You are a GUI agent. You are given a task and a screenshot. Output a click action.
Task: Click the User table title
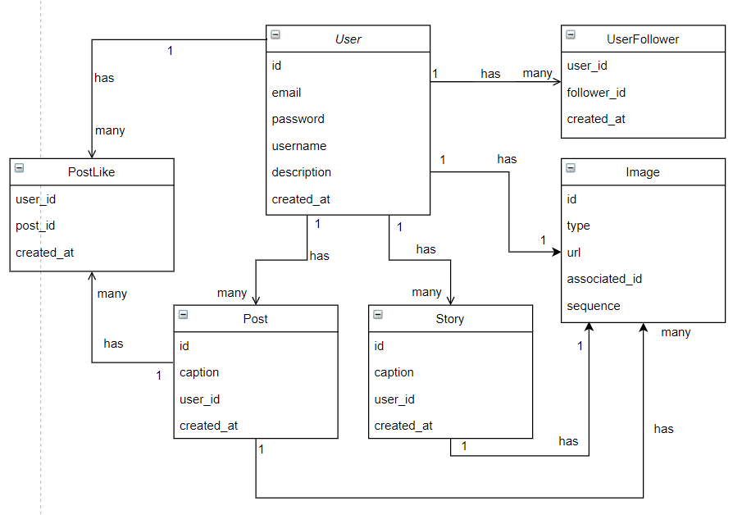point(348,39)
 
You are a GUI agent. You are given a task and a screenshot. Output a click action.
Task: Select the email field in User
point(287,93)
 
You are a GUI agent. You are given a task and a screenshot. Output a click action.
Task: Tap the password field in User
point(298,119)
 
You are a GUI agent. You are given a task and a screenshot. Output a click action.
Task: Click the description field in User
point(302,172)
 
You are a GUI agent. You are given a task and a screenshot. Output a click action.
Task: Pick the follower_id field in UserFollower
point(596,93)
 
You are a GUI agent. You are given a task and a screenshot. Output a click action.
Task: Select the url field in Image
point(574,253)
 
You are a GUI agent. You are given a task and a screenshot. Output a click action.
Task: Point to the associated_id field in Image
point(604,279)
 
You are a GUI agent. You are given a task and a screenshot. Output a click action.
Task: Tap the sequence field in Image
point(594,306)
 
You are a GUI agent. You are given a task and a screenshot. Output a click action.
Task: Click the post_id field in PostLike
point(35,226)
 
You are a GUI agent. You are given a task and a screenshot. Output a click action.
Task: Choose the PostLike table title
point(92,172)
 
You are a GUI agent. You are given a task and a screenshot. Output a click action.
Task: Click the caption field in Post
point(199,372)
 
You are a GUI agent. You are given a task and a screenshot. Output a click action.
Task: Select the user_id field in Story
point(394,399)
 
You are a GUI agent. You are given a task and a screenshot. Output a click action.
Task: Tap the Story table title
point(450,319)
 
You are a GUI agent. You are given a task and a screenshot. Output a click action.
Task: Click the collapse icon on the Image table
point(571,169)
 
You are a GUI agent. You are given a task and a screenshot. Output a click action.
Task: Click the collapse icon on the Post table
point(184,315)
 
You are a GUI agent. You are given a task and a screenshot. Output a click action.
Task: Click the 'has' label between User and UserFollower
point(490,74)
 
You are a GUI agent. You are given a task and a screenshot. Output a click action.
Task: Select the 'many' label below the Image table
point(676,332)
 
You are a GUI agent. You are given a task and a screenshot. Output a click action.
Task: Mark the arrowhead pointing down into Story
point(450,300)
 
